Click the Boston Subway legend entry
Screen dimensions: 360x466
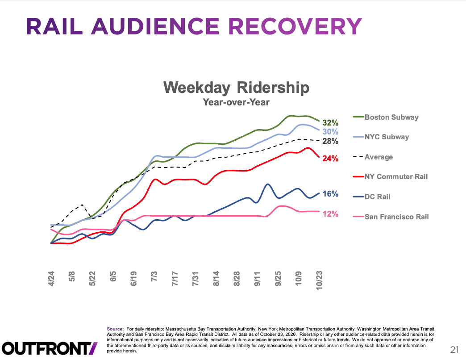[391, 117]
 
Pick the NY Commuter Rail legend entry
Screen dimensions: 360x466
[396, 176]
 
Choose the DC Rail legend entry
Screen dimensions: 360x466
[378, 197]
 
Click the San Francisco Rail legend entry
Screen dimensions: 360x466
[396, 217]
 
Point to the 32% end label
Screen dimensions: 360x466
[331, 123]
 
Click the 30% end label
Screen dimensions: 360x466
[330, 132]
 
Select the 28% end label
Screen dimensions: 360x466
[330, 141]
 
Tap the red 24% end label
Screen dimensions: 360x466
[330, 159]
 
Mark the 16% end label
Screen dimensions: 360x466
[330, 194]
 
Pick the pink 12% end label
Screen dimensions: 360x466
[330, 214]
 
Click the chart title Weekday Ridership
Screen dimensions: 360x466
[236, 87]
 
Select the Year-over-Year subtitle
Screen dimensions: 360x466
[236, 102]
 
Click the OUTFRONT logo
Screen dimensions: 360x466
[50, 347]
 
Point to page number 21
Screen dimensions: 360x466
[454, 349]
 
